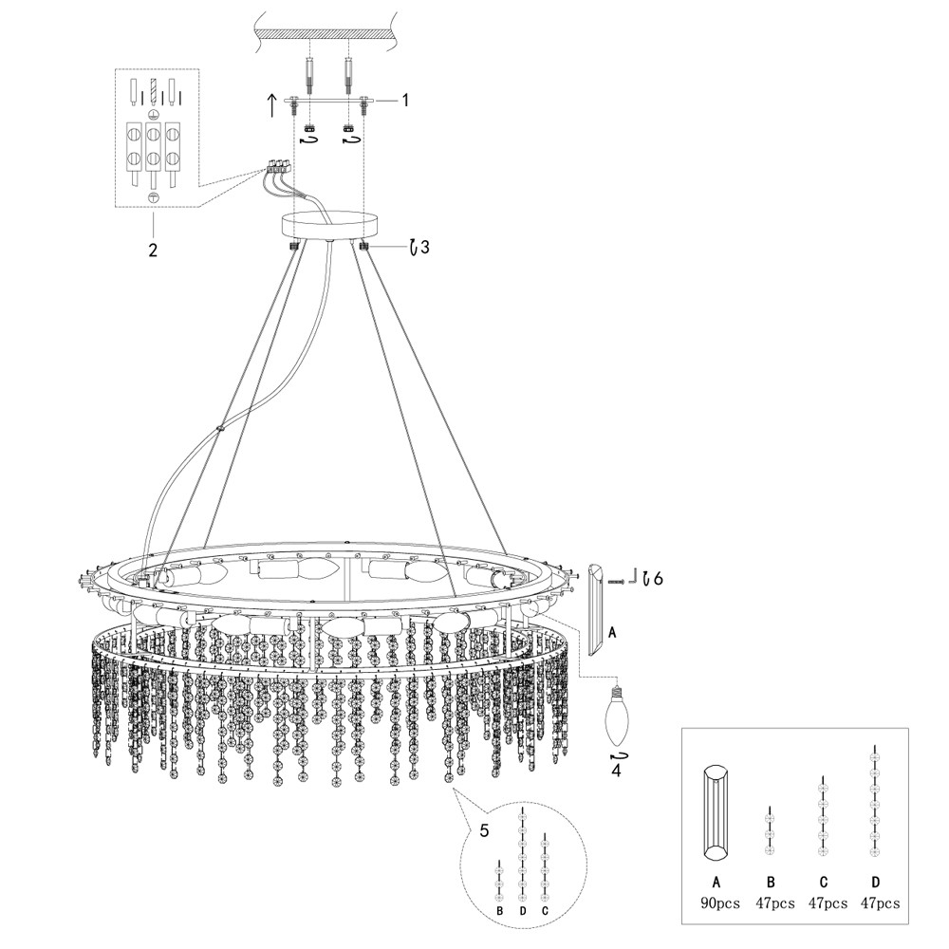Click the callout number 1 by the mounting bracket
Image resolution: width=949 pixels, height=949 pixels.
(x=405, y=100)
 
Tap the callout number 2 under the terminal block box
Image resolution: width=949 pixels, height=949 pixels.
(x=154, y=251)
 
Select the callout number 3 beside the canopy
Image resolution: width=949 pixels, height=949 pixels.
(x=424, y=248)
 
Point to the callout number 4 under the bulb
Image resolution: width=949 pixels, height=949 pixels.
(x=616, y=770)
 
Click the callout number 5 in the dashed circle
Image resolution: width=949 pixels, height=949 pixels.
(x=484, y=832)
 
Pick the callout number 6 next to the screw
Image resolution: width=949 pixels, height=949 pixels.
(x=658, y=577)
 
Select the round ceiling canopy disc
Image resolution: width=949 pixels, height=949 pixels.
(x=329, y=226)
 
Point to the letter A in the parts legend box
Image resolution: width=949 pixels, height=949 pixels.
(x=716, y=882)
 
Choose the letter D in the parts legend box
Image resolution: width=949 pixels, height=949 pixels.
(x=875, y=882)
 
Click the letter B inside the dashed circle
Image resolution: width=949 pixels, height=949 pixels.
(x=498, y=910)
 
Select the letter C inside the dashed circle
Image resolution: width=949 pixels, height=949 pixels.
(x=545, y=910)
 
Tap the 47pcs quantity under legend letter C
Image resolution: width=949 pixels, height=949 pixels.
(x=823, y=903)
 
